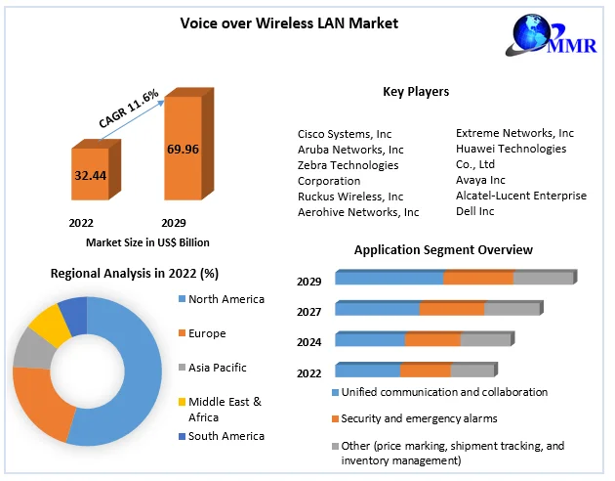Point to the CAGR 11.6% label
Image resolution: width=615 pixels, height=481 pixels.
pos(129,107)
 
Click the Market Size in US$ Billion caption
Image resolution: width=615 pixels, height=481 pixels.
pos(147,241)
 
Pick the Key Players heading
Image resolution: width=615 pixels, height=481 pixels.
pos(416,92)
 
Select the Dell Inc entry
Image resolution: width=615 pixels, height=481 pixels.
pos(475,211)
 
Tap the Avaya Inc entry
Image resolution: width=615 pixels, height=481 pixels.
pos(480,180)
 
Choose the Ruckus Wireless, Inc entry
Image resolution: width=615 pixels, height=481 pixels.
pos(350,196)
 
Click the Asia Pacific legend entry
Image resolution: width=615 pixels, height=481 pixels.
pos(217,368)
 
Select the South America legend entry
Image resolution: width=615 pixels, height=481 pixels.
pos(225,436)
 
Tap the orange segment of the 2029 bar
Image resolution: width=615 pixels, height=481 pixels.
pos(478,279)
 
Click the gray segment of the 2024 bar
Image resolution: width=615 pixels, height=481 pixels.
pos(485,340)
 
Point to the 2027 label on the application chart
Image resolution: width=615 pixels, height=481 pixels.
pos(309,311)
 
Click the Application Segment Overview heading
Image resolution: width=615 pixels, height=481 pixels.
pos(443,250)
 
